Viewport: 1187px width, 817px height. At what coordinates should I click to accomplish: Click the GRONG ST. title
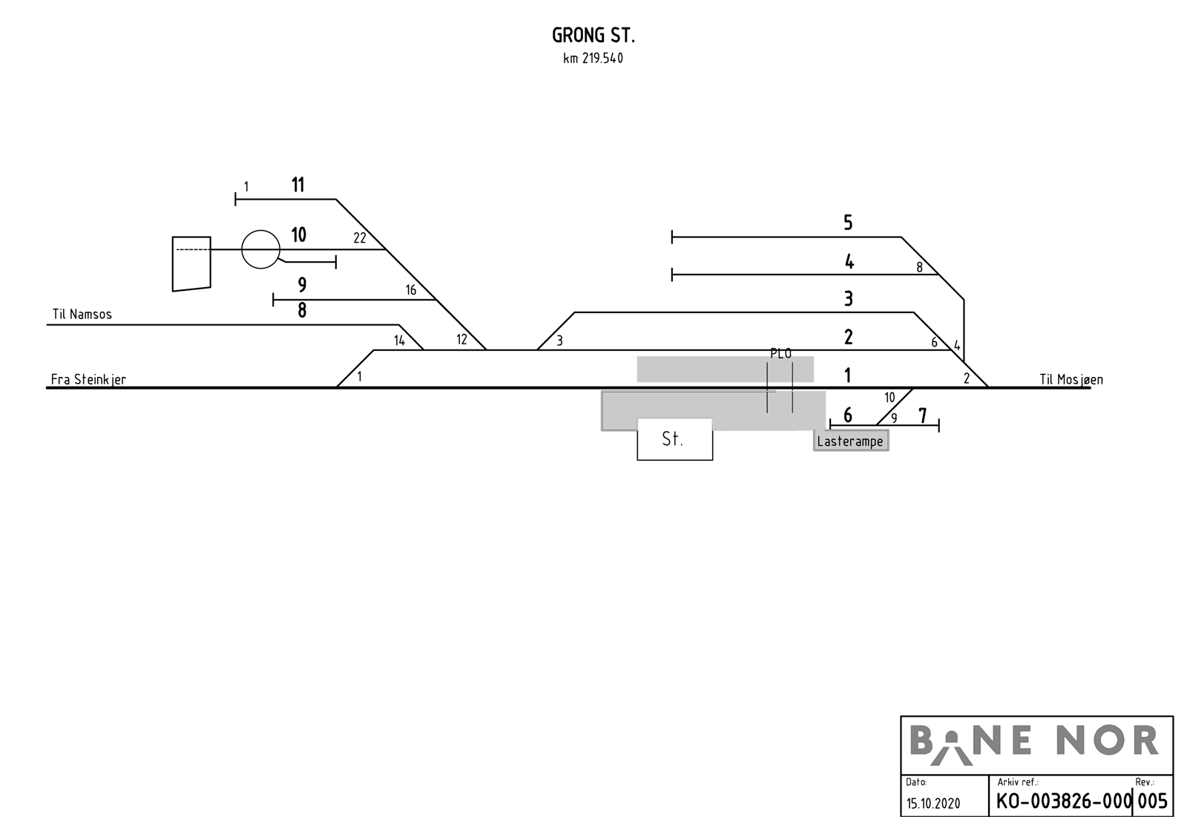593,36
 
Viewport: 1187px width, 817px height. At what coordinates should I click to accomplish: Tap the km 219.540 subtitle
593,59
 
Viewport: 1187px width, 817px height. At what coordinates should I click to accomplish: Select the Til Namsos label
82,315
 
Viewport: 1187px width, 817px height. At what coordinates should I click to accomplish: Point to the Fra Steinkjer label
88,380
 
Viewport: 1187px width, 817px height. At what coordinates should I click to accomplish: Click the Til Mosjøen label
1071,380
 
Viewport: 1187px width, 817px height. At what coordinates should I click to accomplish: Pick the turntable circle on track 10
260,249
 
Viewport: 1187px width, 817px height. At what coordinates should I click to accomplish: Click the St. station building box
674,439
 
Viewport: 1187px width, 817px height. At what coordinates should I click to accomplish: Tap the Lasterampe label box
851,441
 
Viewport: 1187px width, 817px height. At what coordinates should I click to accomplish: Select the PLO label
781,354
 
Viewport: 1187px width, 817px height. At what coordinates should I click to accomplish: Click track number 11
297,185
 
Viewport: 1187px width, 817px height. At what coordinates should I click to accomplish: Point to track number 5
848,223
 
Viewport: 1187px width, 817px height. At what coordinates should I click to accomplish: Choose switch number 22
360,238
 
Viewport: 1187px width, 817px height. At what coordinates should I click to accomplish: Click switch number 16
411,290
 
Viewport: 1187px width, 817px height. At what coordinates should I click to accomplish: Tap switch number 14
400,341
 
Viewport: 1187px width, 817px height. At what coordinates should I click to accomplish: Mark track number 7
923,416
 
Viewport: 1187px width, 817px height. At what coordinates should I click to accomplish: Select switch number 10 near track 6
890,397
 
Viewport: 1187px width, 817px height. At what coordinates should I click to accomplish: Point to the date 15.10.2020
933,804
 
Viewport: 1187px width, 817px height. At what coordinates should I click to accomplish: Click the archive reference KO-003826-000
1063,801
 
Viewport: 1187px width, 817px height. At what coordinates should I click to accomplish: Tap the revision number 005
1153,801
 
